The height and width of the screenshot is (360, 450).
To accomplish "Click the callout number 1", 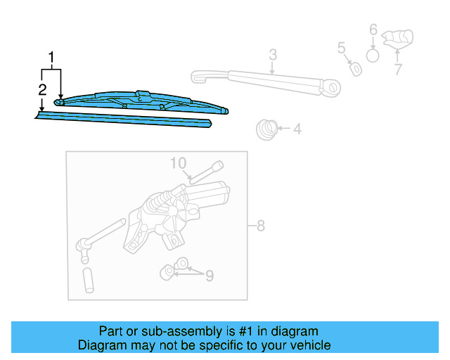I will point(51,57).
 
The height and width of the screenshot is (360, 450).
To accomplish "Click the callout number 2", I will point(42,89).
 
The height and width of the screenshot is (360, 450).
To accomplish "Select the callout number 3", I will point(272,55).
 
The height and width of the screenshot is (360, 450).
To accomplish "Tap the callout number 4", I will point(297,129).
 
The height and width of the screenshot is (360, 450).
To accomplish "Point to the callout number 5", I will point(341,48).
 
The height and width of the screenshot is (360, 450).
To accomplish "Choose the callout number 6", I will point(373,30).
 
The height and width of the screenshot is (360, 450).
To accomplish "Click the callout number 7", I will point(397,69).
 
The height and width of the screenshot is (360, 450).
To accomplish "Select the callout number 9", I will point(209,276).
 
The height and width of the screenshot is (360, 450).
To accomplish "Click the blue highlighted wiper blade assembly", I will point(141,101).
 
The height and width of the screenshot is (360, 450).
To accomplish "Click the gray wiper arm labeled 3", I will point(267,81).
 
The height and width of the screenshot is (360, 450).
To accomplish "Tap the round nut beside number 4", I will point(265,129).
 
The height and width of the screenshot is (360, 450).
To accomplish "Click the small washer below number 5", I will point(356,69).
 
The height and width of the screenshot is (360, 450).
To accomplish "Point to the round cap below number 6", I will point(373,55).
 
